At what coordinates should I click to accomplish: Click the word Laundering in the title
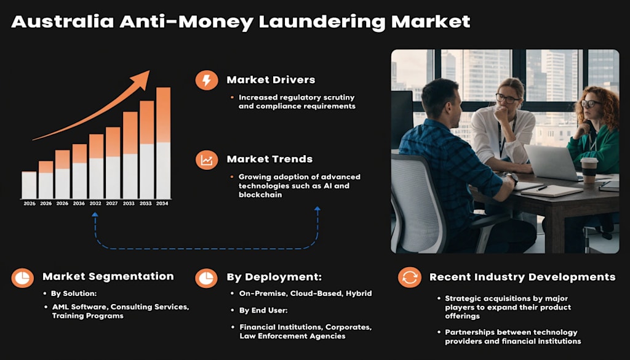tap(322, 22)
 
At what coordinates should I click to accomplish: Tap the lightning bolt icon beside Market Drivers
tap(207, 80)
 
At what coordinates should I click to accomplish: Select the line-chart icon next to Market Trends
tap(207, 159)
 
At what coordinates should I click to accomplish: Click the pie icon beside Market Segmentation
tap(23, 278)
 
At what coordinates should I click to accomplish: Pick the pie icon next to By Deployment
tap(206, 278)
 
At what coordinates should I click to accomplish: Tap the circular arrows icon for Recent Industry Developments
tap(409, 278)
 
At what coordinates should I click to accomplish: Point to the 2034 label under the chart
tap(162, 203)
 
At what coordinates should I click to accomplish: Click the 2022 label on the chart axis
tap(95, 203)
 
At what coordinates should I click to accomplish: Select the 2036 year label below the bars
tap(79, 203)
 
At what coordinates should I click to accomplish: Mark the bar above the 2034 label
tap(163, 143)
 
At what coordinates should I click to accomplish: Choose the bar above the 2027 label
tap(113, 162)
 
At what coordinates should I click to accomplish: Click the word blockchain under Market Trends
tap(260, 195)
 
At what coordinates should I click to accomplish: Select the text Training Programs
tap(87, 316)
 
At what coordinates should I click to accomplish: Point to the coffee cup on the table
tap(589, 170)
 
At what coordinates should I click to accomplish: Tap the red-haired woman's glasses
tap(590, 103)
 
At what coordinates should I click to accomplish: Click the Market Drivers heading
tap(271, 80)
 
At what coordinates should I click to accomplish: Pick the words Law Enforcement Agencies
tap(292, 336)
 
